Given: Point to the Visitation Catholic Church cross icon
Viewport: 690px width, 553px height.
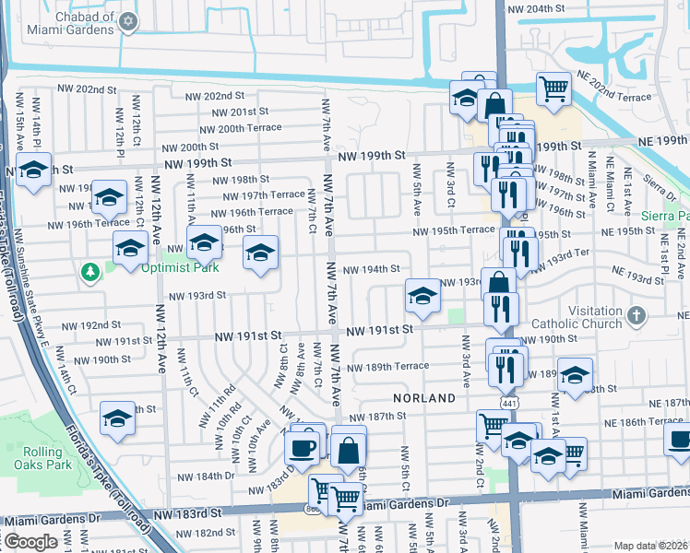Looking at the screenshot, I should click(x=636, y=316).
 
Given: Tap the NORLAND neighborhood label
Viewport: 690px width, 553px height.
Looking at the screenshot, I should click(x=424, y=398).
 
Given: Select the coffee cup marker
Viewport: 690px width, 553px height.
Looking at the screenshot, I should click(x=303, y=448).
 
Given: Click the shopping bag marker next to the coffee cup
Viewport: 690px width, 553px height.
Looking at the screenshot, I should click(x=349, y=451).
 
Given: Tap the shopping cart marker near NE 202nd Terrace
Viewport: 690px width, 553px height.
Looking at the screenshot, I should click(x=553, y=88).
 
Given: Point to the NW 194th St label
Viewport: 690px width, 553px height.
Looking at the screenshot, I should click(x=371, y=269).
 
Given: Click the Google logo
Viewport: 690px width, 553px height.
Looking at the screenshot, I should click(x=30, y=542).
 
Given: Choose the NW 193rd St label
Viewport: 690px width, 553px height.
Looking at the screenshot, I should click(x=196, y=296).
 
